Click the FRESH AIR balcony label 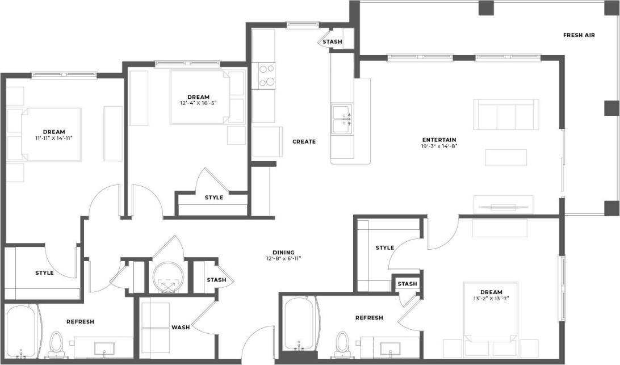(x=579, y=35)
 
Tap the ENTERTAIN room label (x=439, y=140)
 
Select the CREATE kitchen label (x=304, y=141)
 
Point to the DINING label (x=283, y=253)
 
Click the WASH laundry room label (x=181, y=328)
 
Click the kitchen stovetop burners (x=267, y=75)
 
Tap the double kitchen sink (x=341, y=118)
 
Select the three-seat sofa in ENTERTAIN (x=506, y=114)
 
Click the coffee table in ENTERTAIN (x=505, y=157)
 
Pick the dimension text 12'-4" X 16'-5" (x=199, y=103)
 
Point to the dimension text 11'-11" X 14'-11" (x=54, y=138)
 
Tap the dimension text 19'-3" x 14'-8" (x=439, y=146)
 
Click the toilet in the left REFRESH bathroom (x=56, y=344)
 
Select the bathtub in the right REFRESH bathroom (x=296, y=324)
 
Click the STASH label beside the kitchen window (x=332, y=41)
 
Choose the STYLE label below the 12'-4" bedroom (x=214, y=198)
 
